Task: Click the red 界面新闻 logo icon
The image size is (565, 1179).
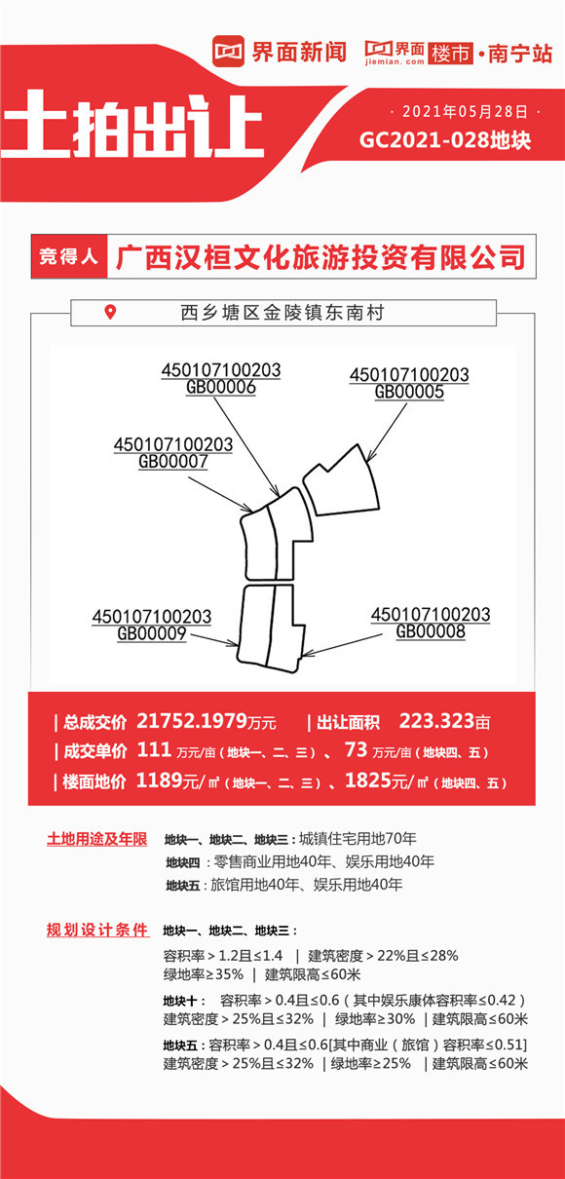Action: (x=228, y=51)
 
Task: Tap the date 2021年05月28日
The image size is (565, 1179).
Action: (x=465, y=112)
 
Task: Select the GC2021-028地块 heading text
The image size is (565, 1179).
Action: (x=445, y=140)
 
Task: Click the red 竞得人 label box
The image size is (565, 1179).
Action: (x=69, y=256)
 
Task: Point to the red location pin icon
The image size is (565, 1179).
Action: (x=110, y=312)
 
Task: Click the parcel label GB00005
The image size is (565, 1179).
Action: (x=409, y=392)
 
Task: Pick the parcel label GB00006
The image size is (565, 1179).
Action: (x=221, y=387)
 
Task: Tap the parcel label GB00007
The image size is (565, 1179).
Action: (x=173, y=461)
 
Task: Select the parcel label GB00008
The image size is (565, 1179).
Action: (x=431, y=631)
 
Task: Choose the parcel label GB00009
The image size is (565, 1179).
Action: (x=152, y=633)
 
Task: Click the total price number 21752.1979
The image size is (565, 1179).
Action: (x=192, y=721)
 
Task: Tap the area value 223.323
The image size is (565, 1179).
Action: (x=436, y=721)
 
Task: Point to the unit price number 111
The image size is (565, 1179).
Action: (x=154, y=749)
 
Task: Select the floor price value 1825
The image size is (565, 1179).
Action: (x=368, y=780)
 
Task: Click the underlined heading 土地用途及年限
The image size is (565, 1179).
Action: (x=96, y=839)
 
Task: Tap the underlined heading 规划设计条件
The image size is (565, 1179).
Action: (x=97, y=930)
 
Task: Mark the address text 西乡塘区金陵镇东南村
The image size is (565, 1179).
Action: (x=282, y=313)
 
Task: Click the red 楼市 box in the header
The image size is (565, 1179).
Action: (x=450, y=53)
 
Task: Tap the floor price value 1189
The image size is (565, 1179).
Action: (x=160, y=780)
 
